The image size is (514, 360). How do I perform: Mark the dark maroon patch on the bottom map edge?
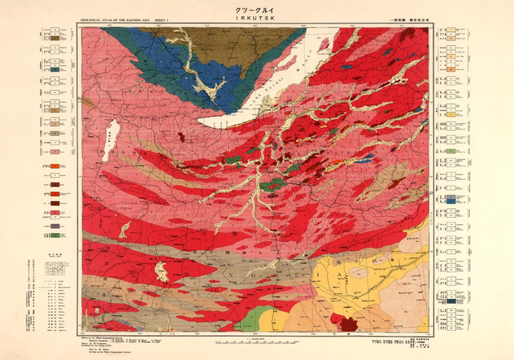347,325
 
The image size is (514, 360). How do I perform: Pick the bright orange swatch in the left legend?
55,166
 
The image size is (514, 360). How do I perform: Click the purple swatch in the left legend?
55,227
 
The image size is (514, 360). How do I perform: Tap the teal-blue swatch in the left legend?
55,70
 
